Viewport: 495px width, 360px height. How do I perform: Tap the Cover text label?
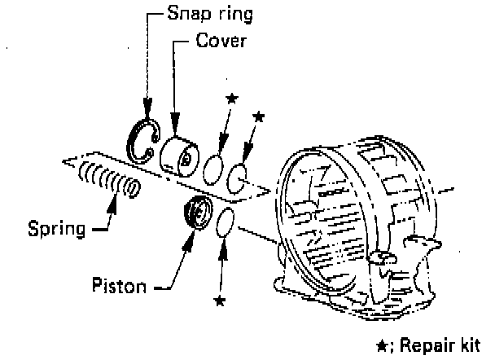pyautogui.click(x=220, y=40)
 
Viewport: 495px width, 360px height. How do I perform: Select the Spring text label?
pyautogui.click(x=55, y=226)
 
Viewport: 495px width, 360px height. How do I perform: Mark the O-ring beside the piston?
pyautogui.click(x=226, y=221)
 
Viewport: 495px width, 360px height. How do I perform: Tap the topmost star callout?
pyautogui.click(x=232, y=99)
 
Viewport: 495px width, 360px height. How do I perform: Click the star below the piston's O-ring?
pyautogui.click(x=218, y=301)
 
